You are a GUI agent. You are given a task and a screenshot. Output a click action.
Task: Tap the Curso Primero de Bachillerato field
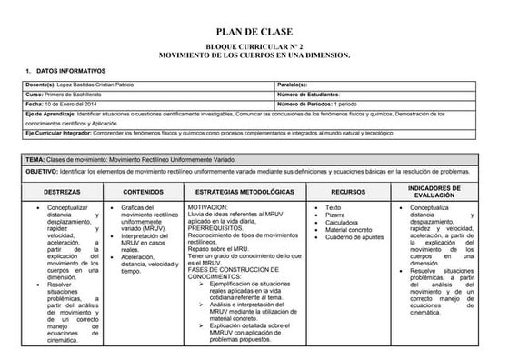[74, 95]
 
